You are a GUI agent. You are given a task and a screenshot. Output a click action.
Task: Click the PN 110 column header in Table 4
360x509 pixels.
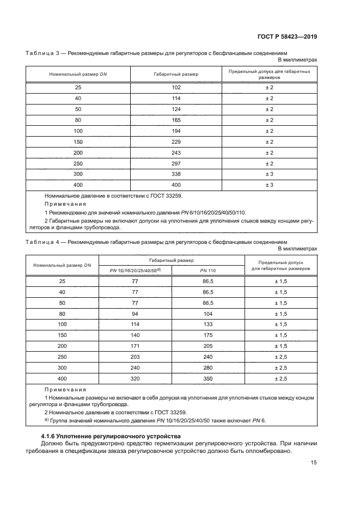[x=208, y=271]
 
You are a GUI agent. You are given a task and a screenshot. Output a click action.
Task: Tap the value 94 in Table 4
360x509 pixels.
[x=135, y=314]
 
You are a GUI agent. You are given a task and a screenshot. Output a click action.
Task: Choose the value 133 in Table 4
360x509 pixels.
[x=208, y=325]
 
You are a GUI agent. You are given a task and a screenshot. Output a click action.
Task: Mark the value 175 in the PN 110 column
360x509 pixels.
[x=208, y=336]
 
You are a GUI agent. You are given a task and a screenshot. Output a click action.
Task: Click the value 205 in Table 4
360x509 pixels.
[x=208, y=346]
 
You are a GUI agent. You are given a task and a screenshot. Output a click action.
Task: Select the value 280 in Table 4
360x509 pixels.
[x=208, y=368]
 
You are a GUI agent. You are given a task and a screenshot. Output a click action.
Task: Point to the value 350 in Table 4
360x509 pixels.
[x=208, y=379]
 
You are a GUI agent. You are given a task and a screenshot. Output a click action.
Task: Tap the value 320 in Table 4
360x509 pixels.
[x=135, y=379]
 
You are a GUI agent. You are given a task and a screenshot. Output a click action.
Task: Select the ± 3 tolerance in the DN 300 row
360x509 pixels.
[x=269, y=174]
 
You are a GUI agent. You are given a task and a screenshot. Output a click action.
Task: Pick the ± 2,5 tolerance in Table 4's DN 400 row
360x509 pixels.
[x=280, y=379]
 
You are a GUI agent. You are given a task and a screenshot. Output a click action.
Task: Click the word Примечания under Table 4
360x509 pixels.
[x=65, y=390]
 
